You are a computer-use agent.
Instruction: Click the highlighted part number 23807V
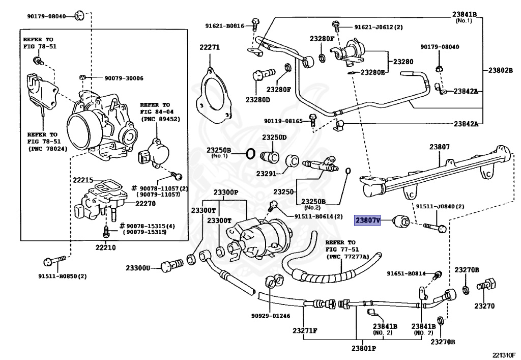367,220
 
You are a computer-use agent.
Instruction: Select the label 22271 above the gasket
210,47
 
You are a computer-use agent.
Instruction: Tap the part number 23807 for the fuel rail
439,147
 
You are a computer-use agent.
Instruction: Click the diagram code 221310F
504,355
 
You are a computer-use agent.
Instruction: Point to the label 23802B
501,70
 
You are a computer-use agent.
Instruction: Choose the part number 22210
106,247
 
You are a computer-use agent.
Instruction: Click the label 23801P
363,348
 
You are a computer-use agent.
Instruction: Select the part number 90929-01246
271,316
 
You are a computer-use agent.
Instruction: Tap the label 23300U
138,268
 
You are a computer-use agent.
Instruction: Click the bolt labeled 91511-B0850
55,261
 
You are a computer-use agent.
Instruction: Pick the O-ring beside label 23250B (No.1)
250,154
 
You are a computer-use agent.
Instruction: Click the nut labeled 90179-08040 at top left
79,16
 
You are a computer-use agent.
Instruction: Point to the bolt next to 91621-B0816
255,24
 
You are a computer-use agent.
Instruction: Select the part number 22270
146,204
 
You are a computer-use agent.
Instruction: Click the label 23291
266,174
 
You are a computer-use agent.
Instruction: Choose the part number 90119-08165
283,121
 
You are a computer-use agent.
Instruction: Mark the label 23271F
305,330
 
